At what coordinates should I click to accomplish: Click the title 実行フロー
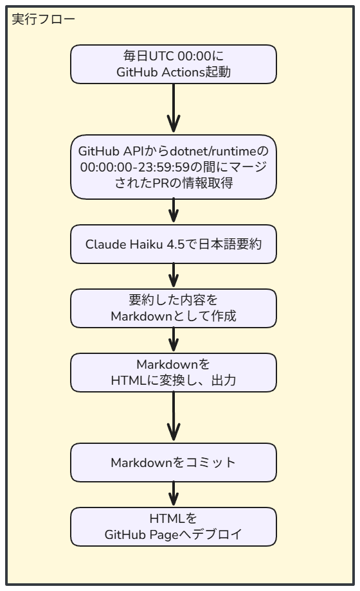tap(44, 19)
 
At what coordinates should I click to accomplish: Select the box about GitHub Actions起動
tap(174, 64)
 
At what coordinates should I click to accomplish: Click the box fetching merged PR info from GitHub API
tap(174, 166)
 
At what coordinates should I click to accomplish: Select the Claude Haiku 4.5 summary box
tap(174, 244)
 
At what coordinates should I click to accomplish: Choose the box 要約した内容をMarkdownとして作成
tap(174, 308)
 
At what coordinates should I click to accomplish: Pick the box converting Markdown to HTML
tap(174, 372)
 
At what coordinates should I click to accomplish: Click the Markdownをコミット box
tap(174, 463)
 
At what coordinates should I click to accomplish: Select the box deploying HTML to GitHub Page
tap(174, 526)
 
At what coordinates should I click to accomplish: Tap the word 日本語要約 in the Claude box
tap(232, 244)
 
